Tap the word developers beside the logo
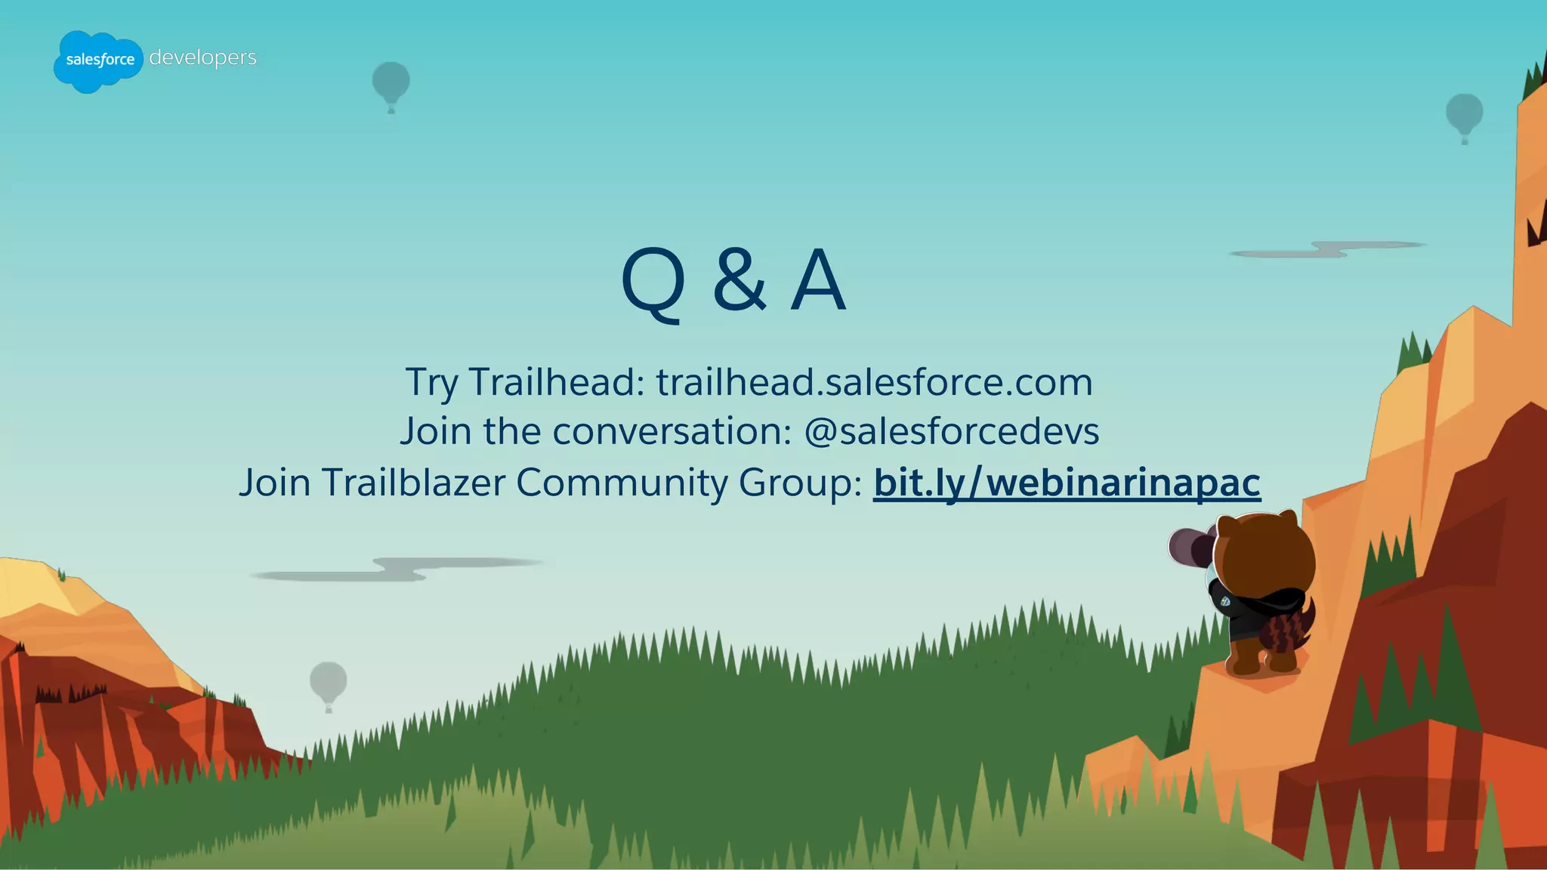pos(202,58)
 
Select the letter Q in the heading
pos(653,281)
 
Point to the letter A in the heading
pos(818,281)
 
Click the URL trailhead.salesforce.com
pos(874,381)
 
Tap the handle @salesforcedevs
pos(951,431)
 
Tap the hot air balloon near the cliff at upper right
pos(1464,116)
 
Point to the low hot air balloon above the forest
pos(329,683)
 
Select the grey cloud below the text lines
pos(397,569)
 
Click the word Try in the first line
pos(431,383)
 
